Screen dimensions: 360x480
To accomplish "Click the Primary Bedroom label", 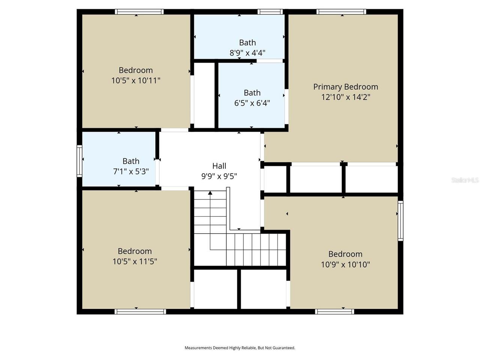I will [345, 87].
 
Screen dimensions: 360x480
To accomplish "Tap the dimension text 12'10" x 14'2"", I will [345, 97].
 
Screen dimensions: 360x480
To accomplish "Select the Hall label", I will [219, 166].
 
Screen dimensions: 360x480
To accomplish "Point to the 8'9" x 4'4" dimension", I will [247, 53].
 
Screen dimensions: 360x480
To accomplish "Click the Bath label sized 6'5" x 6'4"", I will [252, 93].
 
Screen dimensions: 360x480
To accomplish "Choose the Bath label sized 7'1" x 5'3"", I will [131, 161].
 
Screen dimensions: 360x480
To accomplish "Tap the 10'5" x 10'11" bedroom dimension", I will [136, 80].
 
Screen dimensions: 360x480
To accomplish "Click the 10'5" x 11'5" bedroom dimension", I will [135, 261].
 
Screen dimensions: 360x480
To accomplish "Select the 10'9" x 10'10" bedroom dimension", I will [345, 264].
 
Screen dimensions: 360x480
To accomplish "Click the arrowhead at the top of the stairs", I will [210, 193].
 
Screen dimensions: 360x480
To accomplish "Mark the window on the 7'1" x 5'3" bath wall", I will [79, 161].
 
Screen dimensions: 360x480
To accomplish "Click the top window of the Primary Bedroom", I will [341, 12].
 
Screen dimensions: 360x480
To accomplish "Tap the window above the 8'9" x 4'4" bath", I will [270, 12].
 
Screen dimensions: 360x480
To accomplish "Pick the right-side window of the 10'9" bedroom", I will [400, 220].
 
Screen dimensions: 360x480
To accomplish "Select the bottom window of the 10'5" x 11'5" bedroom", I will [140, 311].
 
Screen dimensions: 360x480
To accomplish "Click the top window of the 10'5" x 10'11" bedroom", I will [139, 12].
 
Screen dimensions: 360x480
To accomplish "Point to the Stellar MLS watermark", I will [465, 180].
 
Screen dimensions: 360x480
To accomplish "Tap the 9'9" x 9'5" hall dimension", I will [219, 176].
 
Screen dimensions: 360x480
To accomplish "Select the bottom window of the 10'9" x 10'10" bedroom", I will [334, 311].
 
